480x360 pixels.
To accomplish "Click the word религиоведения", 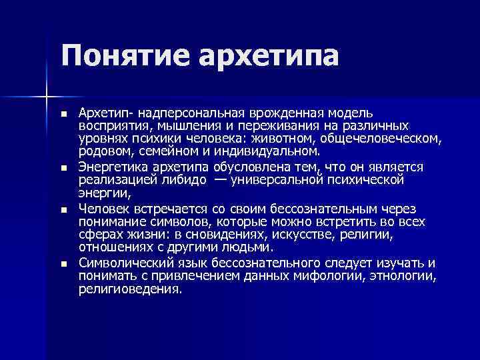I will pyautogui.click(x=129, y=289).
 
